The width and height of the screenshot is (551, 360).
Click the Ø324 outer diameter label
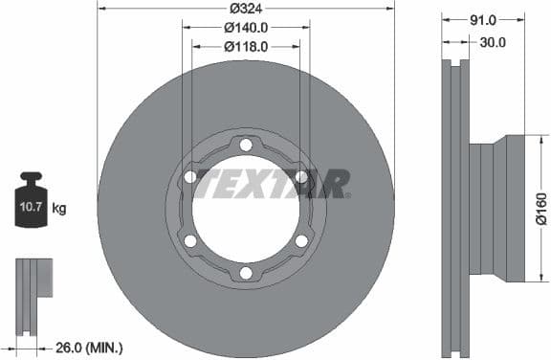(x=246, y=10)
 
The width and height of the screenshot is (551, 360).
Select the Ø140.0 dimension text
(x=246, y=28)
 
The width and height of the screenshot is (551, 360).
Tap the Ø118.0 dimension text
(x=246, y=46)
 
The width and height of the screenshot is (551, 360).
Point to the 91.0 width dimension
(x=483, y=19)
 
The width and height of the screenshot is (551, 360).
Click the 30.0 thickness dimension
(x=492, y=42)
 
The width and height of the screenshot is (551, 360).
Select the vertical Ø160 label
(x=540, y=209)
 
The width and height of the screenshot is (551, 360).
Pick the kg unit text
(x=59, y=208)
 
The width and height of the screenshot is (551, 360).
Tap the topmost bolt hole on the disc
(x=246, y=145)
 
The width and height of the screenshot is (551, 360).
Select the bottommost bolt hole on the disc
(x=246, y=273)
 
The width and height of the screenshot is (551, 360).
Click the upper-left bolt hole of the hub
(x=190, y=177)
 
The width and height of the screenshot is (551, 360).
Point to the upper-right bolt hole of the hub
(x=301, y=177)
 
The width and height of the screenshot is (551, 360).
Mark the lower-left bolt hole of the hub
(x=190, y=240)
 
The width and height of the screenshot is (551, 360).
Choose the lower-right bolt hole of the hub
(x=301, y=240)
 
